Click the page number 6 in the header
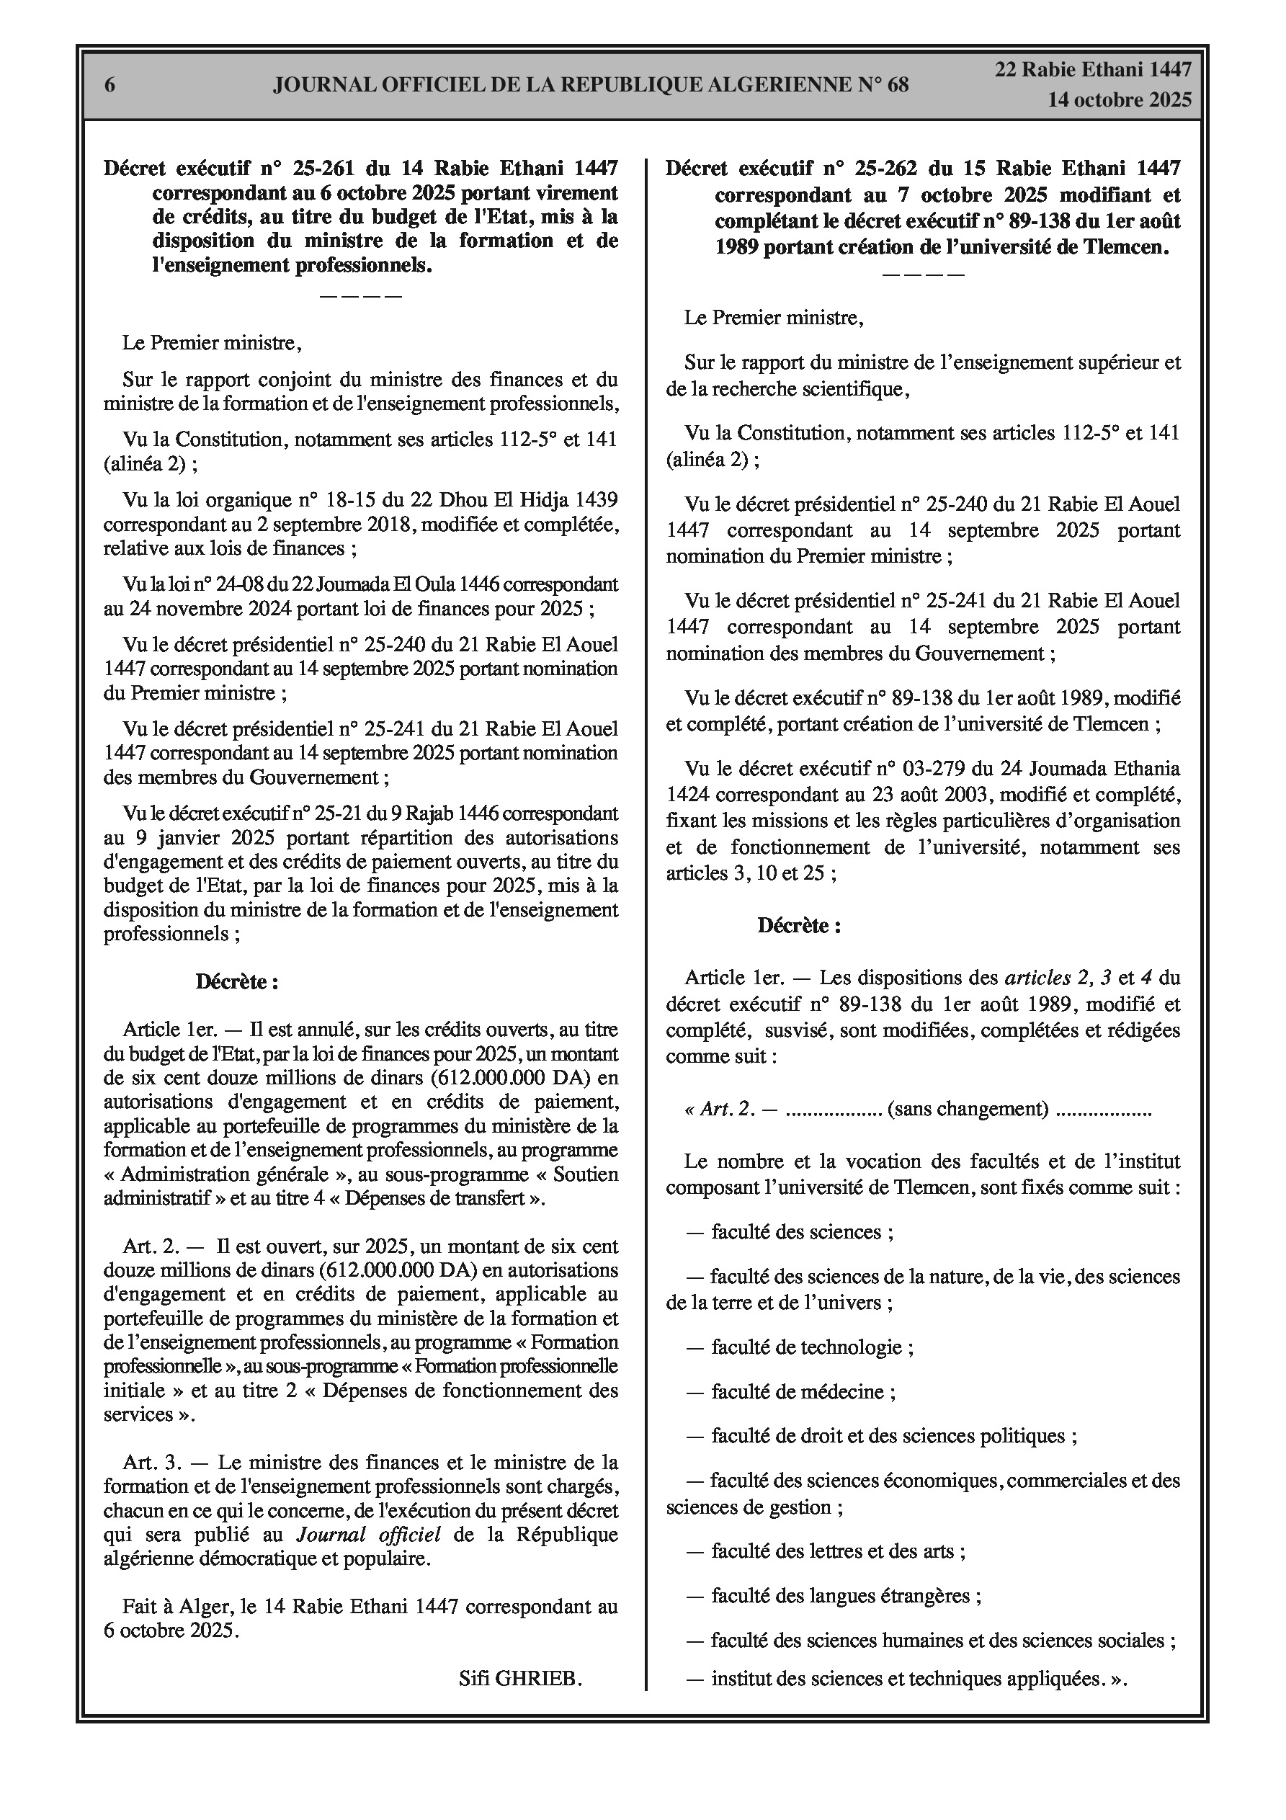[x=110, y=85]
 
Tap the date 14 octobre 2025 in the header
[x=1120, y=100]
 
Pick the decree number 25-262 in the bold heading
[x=885, y=168]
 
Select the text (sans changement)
[x=968, y=1108]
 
